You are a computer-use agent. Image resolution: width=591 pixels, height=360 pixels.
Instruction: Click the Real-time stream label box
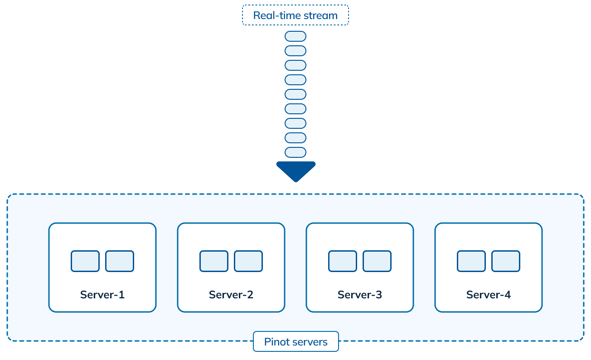[x=295, y=15]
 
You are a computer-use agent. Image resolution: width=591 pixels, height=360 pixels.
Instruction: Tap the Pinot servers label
[x=295, y=341]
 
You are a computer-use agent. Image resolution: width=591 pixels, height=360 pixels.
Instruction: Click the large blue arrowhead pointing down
[x=295, y=170]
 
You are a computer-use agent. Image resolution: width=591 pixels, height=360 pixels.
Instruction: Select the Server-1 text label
[x=102, y=295]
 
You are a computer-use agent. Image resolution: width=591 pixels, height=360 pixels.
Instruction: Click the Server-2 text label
[x=231, y=295]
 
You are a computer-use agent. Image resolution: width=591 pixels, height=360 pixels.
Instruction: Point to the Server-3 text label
[x=359, y=295]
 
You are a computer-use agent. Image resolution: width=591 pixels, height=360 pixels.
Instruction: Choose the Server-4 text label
[x=488, y=295]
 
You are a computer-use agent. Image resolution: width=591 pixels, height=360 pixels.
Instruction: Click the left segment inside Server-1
[x=85, y=261]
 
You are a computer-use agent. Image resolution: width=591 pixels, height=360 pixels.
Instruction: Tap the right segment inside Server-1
[x=120, y=261]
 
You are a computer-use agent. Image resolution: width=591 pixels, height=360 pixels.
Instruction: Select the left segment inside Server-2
[x=213, y=261]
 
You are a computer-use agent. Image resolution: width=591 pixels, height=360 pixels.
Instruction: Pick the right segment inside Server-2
[x=248, y=261]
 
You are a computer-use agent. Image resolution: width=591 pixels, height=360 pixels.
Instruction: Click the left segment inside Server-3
[x=342, y=261]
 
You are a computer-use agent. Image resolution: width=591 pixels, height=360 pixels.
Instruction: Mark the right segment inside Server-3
[x=377, y=261]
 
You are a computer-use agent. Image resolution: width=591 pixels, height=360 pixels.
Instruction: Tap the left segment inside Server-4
[x=471, y=261]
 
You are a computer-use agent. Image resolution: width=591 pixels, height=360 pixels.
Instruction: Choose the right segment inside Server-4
[x=506, y=261]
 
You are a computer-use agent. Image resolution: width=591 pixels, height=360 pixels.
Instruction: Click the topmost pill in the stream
[x=295, y=36]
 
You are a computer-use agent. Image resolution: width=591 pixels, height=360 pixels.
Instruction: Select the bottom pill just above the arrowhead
[x=295, y=152]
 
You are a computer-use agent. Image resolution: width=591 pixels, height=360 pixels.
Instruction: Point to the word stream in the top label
[x=321, y=15]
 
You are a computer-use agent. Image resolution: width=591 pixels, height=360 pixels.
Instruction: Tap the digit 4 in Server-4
[x=508, y=295]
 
